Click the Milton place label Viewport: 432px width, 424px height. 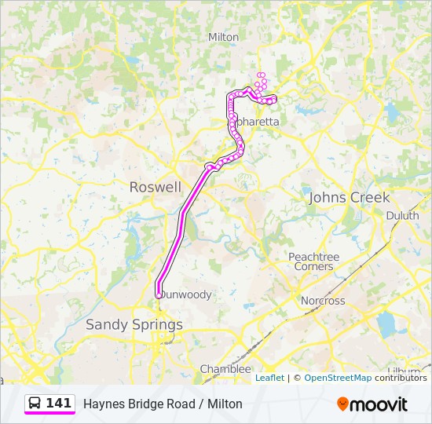223,37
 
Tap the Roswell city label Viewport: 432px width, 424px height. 155,187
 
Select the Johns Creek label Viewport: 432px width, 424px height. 349,197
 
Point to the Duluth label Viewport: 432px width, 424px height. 402,215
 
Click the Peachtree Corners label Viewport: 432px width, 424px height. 313,261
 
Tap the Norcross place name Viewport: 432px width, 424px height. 323,301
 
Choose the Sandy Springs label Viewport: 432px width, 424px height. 134,324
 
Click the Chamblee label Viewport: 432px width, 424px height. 225,368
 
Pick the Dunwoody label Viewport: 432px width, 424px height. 187,294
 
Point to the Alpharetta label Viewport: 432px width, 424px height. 255,122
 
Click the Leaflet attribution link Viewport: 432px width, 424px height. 269,378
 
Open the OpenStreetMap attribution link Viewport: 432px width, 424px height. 338,378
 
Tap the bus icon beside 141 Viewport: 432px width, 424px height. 35,404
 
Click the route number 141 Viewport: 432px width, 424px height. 59,404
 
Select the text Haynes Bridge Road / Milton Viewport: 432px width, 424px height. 163,404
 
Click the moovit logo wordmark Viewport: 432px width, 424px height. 379,404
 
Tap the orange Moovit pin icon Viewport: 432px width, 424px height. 342,404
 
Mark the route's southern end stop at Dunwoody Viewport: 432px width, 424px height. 159,294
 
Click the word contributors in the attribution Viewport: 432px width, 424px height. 401,378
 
